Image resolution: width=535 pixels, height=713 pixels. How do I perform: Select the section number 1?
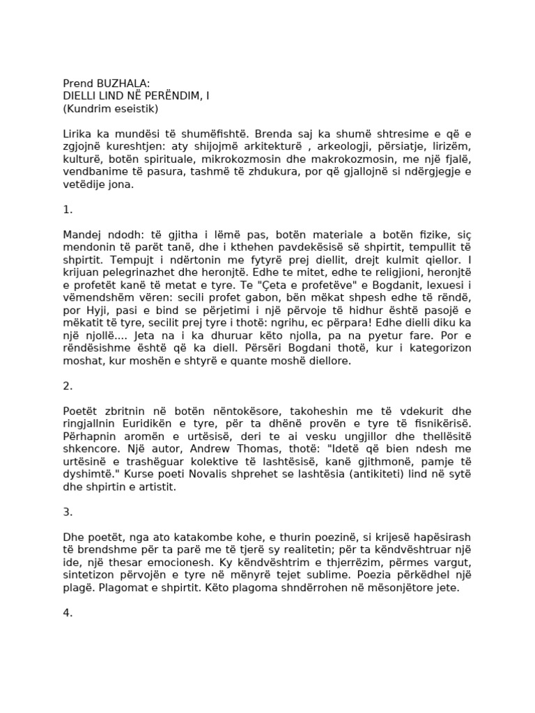[68, 210]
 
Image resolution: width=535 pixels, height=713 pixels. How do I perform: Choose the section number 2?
[68, 386]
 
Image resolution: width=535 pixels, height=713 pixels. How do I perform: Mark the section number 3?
[68, 512]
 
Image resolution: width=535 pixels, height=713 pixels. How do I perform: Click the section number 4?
[68, 613]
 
